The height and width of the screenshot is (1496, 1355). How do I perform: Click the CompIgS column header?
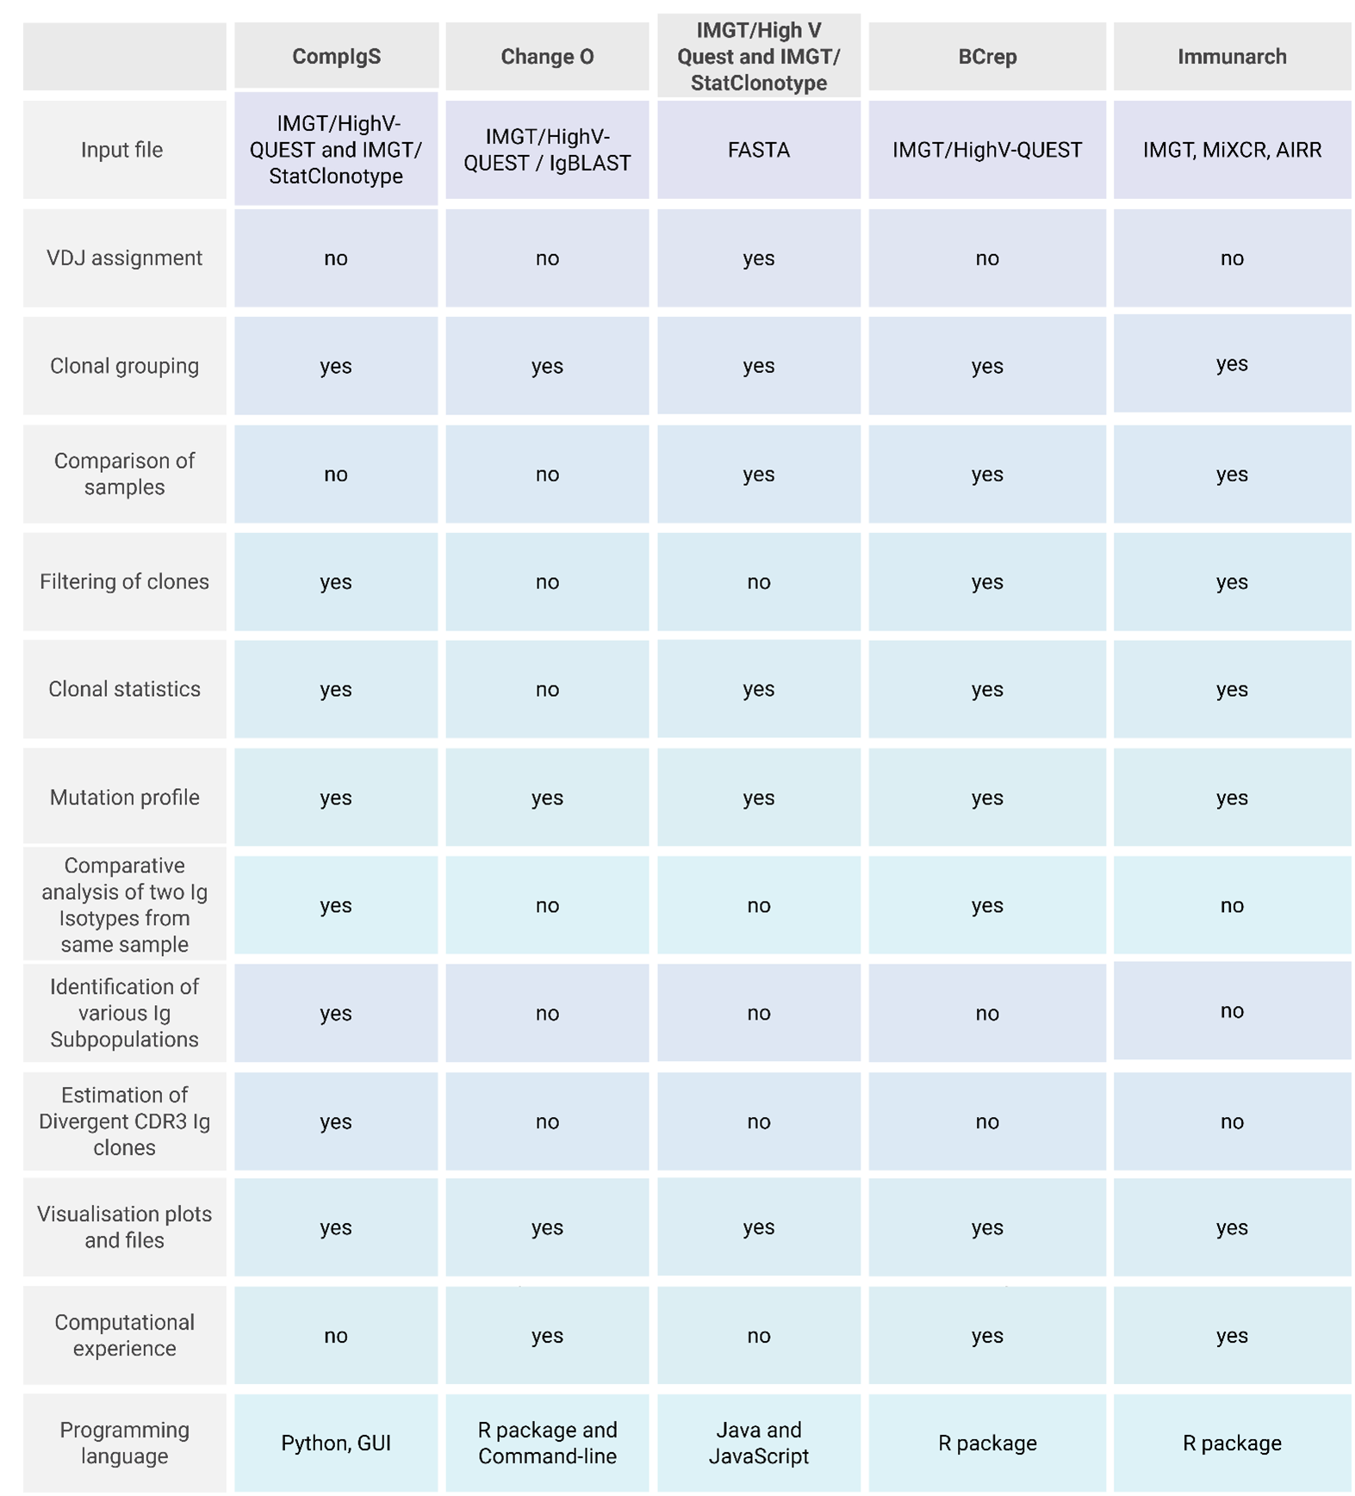336,57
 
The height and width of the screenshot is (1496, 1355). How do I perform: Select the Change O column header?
547,57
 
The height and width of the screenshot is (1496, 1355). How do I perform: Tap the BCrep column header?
987,57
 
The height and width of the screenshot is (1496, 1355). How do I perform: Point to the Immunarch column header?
1232,57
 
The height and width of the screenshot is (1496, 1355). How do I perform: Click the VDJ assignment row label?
124,258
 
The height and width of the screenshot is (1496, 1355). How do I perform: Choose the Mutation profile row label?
124,798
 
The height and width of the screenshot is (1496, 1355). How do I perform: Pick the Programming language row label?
124,1443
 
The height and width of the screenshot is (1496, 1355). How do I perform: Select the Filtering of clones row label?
124,582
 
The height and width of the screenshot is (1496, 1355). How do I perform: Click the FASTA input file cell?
758,150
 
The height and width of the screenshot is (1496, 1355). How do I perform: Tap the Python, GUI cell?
336,1443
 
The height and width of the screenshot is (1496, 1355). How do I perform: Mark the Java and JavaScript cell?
758,1443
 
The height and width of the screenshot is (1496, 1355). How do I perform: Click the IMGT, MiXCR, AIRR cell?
1232,150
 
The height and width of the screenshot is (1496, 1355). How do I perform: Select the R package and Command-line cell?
547,1443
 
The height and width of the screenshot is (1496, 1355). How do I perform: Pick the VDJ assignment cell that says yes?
758,258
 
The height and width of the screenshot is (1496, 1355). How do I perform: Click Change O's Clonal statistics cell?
547,690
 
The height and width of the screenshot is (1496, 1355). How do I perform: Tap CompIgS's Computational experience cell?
336,1336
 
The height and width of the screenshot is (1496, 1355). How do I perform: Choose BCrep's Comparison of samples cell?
987,475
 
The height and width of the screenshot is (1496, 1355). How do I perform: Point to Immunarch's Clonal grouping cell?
1232,364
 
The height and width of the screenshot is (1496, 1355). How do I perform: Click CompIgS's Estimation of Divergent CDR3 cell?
336,1121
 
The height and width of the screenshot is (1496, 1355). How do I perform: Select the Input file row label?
121,150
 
